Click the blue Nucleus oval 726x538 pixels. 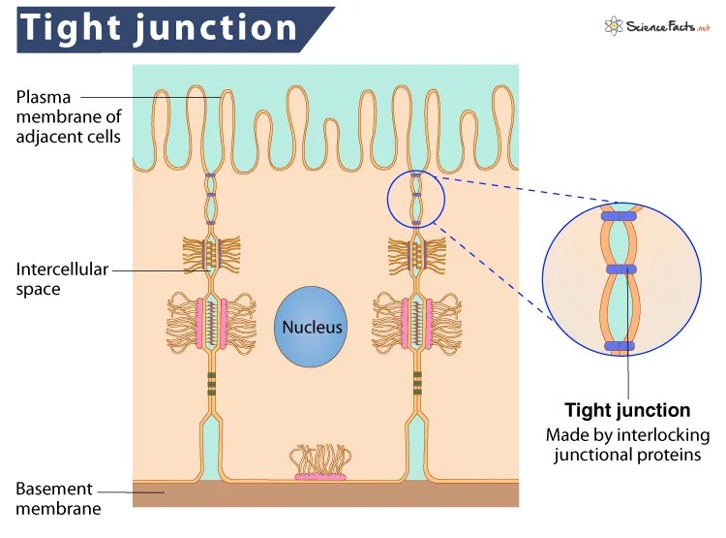(312, 326)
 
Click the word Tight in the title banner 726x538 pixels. (69, 28)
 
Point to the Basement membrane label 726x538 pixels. (54, 497)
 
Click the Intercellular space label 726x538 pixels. (60, 278)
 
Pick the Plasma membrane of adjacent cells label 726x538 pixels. (68, 116)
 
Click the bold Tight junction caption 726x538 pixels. (627, 410)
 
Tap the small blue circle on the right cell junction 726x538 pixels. (417, 199)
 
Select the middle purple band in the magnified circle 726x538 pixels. (621, 270)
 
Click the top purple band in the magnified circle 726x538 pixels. (621, 215)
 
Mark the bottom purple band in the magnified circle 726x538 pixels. (620, 345)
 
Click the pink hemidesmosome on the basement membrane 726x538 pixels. (320, 475)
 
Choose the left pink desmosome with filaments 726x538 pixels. (212, 323)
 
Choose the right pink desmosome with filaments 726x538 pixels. (417, 323)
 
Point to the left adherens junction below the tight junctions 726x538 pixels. (212, 254)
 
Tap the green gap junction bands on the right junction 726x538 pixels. (417, 384)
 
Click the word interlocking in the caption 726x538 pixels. (657, 434)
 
